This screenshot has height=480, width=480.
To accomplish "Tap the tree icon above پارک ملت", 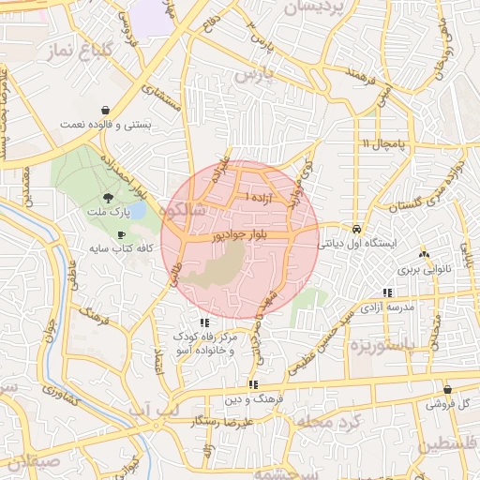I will [110, 198].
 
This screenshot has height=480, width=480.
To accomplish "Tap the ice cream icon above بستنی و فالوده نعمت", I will [106, 108].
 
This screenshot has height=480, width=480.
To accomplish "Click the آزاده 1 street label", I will [260, 198].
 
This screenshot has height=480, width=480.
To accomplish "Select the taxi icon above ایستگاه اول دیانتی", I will [357, 228].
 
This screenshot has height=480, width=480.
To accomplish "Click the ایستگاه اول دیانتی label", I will [358, 243].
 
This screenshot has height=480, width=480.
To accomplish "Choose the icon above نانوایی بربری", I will [425, 253].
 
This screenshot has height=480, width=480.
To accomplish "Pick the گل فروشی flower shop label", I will [447, 405].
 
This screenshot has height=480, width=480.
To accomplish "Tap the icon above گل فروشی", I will [447, 389].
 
